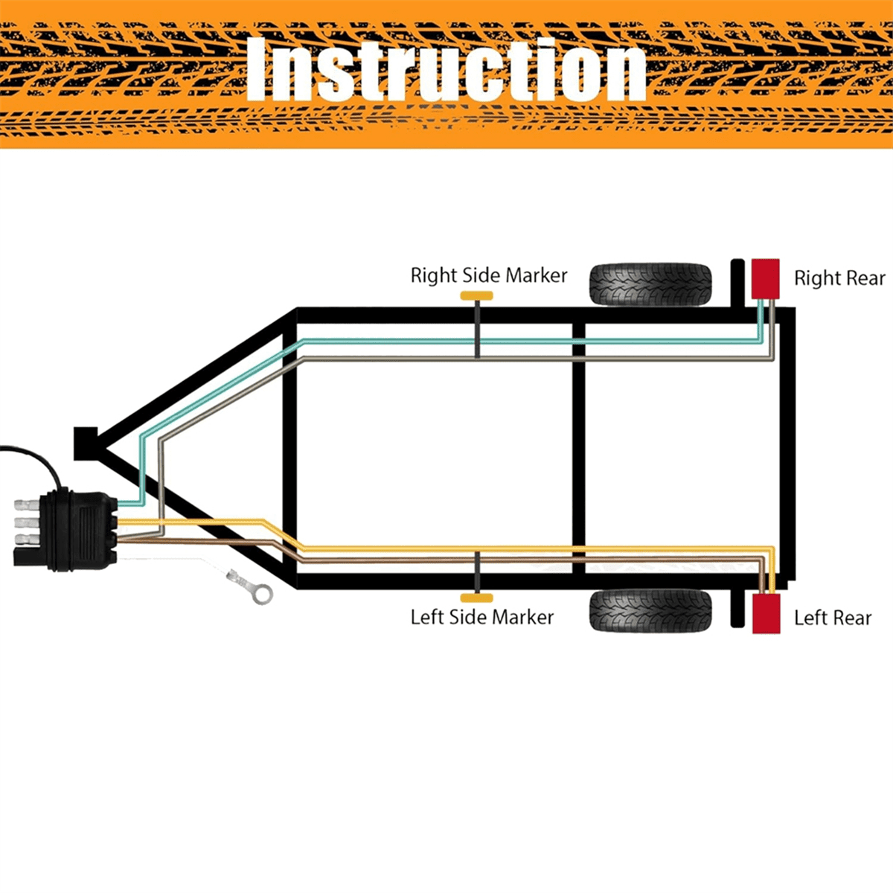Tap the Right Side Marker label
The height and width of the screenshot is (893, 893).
coord(488,275)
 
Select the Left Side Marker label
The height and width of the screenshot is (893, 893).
coord(481,617)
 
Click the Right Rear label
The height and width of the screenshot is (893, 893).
coord(839,278)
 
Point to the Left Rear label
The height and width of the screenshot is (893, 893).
coord(832,618)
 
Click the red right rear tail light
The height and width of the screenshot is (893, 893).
coord(765,278)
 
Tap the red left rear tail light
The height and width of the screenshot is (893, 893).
coord(766,613)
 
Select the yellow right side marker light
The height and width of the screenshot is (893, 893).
coord(476,296)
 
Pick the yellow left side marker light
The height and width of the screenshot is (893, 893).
coord(476,598)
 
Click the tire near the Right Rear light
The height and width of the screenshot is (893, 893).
coord(650,284)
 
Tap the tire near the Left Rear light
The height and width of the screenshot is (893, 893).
coord(650,610)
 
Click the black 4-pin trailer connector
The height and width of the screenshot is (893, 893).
coord(78,530)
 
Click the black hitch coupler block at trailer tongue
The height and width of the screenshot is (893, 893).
coord(86,443)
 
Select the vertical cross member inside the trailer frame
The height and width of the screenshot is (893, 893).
coord(579,446)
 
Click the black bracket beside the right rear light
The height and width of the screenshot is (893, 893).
coord(737,283)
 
